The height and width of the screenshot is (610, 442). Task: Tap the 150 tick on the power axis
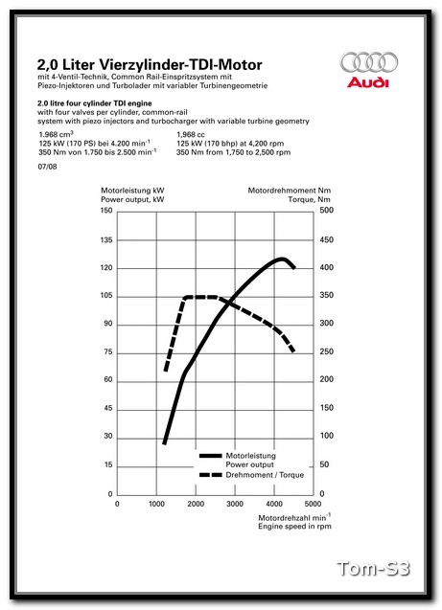point(106,211)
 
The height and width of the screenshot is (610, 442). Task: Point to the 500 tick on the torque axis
point(326,211)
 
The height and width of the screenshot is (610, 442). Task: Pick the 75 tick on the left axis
point(107,352)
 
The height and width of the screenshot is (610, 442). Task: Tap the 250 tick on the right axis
point(326,352)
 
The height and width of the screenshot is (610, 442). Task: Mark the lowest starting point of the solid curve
point(165,443)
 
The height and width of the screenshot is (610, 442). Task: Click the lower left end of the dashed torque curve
point(166,370)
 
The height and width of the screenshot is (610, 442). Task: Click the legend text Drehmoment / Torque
point(265,475)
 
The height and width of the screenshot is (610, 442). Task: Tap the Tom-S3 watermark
point(373,570)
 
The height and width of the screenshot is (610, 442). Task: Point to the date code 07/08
point(47,167)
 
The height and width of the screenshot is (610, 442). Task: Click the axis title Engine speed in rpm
point(294,526)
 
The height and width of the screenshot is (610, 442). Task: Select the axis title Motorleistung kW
point(132,192)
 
